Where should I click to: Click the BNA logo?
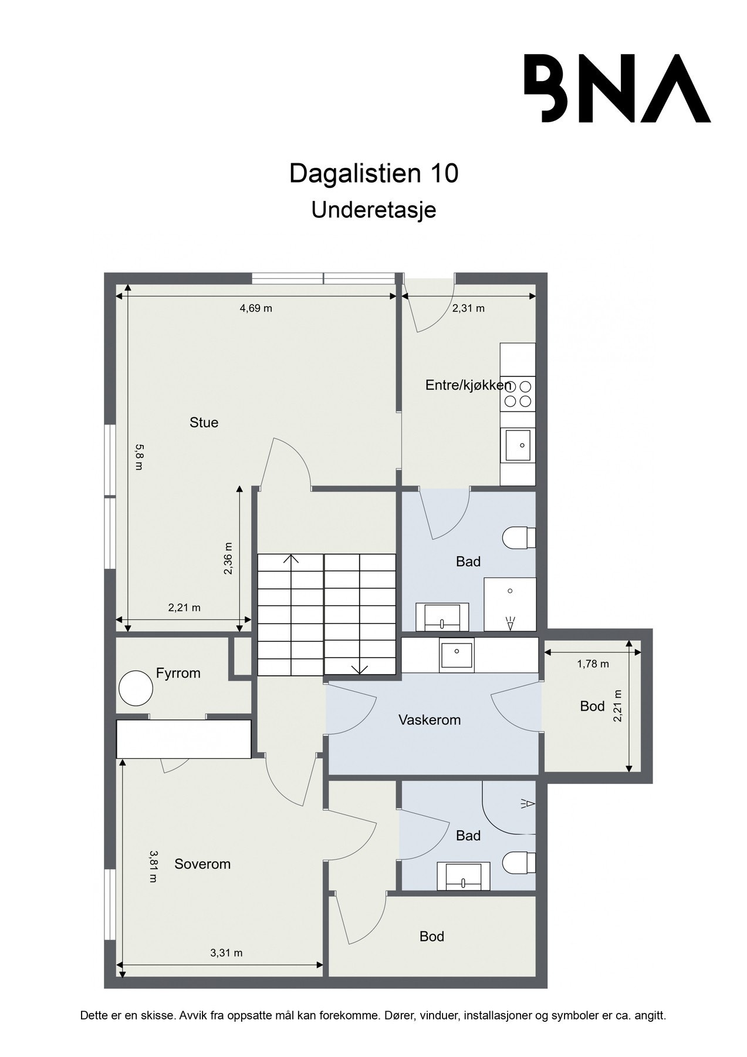[617, 88]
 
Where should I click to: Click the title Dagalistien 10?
[374, 174]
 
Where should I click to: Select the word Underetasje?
[374, 210]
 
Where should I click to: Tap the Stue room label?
[204, 422]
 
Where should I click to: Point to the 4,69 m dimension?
[256, 308]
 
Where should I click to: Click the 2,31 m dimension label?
[468, 308]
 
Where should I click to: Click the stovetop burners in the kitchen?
[518, 393]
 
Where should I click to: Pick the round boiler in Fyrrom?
[136, 688]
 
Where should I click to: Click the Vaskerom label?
[430, 720]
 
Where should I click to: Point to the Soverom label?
[202, 864]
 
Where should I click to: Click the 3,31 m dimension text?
[227, 953]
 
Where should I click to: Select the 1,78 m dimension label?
[593, 664]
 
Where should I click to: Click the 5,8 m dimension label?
[139, 457]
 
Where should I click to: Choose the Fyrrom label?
[178, 673]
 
